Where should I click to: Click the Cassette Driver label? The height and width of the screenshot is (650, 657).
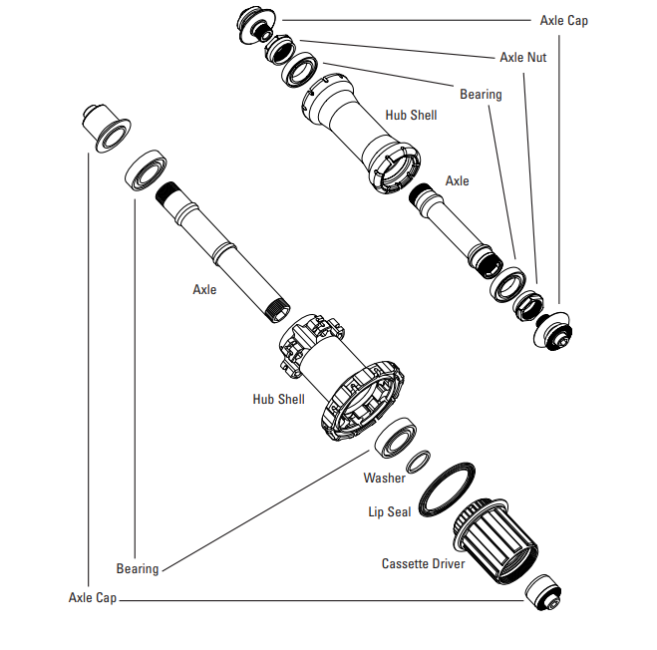coord(423,564)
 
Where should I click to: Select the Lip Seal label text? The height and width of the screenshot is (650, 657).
coord(390,512)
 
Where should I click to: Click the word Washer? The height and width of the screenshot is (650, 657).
coord(384,479)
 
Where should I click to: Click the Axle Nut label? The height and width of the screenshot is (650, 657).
coord(522,58)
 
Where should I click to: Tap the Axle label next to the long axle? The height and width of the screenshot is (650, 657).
coord(204,290)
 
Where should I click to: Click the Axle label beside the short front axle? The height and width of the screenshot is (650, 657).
coord(457,181)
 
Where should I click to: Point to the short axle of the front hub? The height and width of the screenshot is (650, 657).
coord(450,223)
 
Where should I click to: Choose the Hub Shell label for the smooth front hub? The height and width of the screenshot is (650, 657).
coord(411,116)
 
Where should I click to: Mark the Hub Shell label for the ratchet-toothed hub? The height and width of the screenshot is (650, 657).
coord(278,399)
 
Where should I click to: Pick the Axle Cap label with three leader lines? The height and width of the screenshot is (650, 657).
coord(563,20)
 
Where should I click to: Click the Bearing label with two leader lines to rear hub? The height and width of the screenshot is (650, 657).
coord(138,569)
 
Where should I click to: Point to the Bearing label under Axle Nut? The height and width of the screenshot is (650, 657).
coord(481,95)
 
